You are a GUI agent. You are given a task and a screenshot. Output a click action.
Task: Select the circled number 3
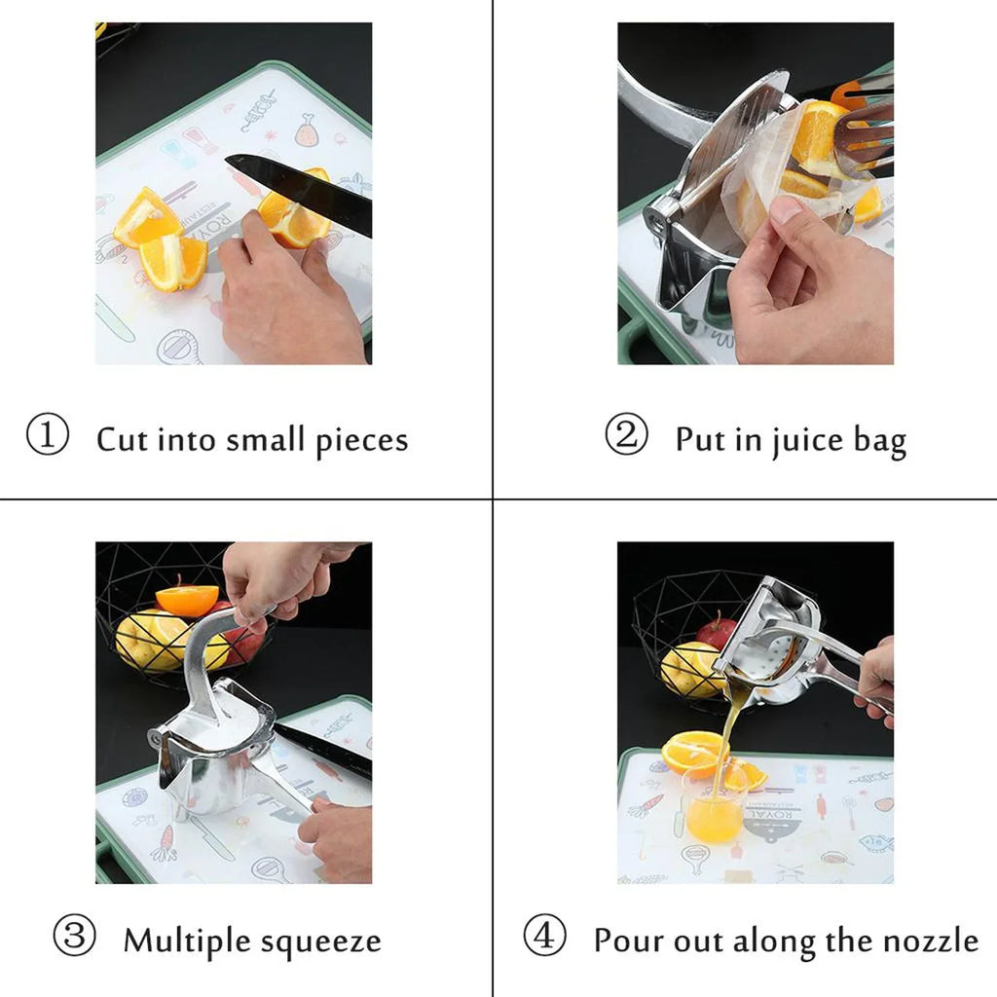[x=74, y=939]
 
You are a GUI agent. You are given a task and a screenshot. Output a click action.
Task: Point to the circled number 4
[x=544, y=939]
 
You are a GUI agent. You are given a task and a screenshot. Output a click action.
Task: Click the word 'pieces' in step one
[x=361, y=441]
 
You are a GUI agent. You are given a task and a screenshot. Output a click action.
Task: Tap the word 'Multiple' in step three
[x=186, y=942]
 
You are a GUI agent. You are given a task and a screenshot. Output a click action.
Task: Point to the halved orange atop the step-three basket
[x=187, y=598]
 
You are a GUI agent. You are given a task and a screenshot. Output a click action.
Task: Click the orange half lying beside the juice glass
[x=692, y=753]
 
